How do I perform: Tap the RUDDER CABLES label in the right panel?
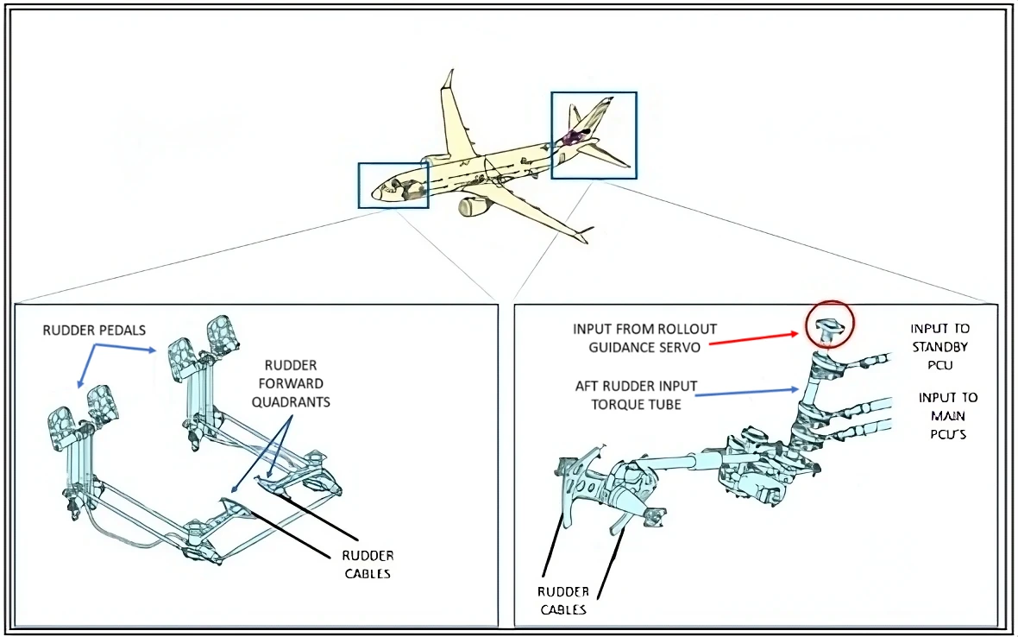[x=562, y=601]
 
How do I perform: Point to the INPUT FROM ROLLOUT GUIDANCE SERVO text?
[x=645, y=337]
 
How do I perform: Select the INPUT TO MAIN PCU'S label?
[x=947, y=415]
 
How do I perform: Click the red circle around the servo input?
[x=829, y=324]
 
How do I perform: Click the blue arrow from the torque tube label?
[x=747, y=393]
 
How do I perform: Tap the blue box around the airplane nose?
[x=393, y=185]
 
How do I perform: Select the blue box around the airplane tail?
[x=594, y=135]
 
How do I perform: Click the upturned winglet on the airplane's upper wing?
[x=449, y=79]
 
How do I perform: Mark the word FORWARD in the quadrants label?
[x=294, y=383]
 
